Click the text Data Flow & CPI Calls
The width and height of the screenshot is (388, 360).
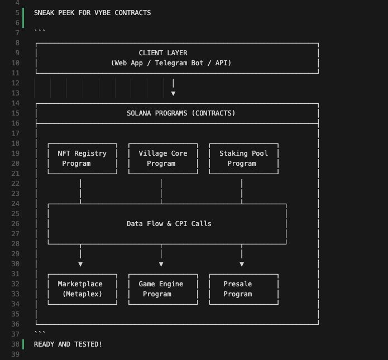[x=169, y=224]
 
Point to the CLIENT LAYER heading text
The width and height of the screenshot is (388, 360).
[x=163, y=53]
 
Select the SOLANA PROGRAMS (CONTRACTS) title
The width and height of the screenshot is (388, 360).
[x=181, y=113]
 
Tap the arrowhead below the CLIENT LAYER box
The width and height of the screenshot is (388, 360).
[x=173, y=94]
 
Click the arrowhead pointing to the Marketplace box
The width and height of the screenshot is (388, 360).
[x=80, y=264]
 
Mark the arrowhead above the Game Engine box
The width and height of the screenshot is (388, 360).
[x=161, y=264]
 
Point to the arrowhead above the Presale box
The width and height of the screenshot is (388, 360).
[x=242, y=264]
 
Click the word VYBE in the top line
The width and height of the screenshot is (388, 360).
[x=103, y=13]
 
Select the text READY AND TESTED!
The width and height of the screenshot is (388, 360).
[x=68, y=344]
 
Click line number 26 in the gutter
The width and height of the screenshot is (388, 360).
[x=15, y=224]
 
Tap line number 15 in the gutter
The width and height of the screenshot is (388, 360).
[x=15, y=113]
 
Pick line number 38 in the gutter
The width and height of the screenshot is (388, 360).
[x=15, y=344]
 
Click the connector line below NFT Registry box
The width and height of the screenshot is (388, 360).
[x=80, y=191]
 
